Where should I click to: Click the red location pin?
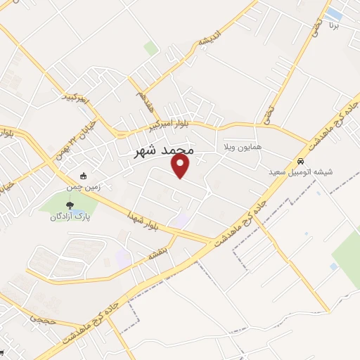(x=181, y=167)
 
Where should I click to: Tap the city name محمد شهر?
(x=163, y=150)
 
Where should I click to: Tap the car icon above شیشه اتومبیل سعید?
(x=301, y=160)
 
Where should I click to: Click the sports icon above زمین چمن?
(x=84, y=176)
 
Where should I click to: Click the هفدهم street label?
(x=143, y=97)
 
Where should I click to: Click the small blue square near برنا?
(x=335, y=14)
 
